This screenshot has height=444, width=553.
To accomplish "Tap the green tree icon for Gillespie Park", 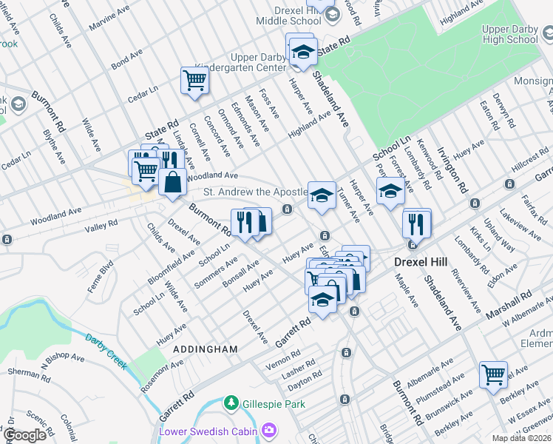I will [231, 403].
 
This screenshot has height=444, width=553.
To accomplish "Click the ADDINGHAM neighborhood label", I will [205, 349].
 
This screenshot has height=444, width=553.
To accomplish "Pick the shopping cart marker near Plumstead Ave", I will [493, 373].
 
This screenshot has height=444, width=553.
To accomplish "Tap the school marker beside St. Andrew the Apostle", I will [322, 195].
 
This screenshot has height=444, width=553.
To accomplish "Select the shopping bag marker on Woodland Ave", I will [172, 182].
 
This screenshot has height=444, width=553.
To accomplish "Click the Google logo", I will [25, 435].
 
